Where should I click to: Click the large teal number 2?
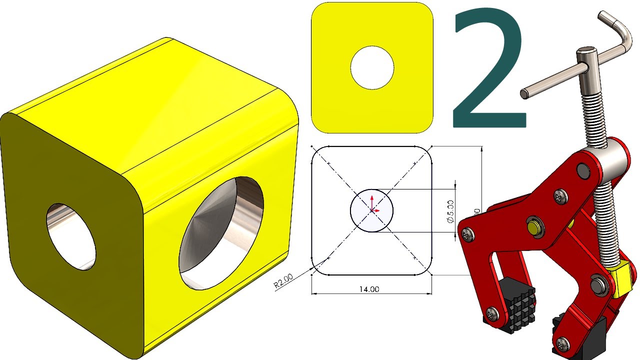(x=487, y=70)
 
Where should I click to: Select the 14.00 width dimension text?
(x=368, y=289)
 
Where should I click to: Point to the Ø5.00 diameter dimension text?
(x=450, y=210)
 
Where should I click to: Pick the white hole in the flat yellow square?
(x=372, y=68)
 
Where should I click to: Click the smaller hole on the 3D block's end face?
(x=71, y=236)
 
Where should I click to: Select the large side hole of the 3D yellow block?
(x=221, y=232)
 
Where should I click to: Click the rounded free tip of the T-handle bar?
(x=524, y=93)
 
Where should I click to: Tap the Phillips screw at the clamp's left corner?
(x=466, y=232)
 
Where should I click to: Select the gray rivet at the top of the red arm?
(x=582, y=171)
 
